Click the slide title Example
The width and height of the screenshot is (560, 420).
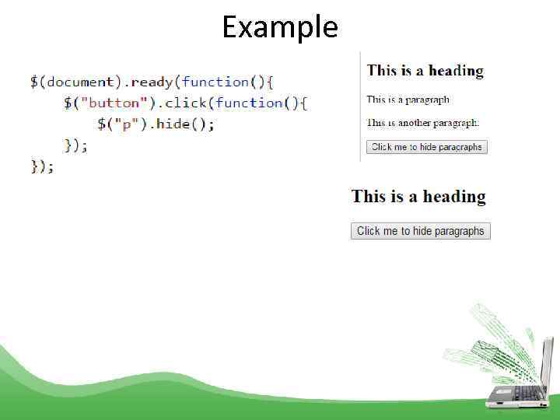(x=280, y=27)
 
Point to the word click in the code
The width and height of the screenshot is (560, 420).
(x=187, y=103)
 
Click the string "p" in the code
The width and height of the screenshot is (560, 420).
(x=124, y=124)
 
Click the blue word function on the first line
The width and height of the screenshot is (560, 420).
(x=216, y=82)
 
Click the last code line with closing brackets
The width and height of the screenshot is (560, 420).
(x=42, y=166)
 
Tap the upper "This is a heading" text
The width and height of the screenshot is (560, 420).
(x=425, y=71)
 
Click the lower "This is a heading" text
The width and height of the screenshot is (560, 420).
(x=418, y=196)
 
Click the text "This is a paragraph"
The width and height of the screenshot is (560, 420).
(x=408, y=100)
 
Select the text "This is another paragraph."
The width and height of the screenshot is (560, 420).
(x=423, y=122)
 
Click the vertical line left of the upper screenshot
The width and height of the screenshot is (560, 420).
(x=360, y=106)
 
